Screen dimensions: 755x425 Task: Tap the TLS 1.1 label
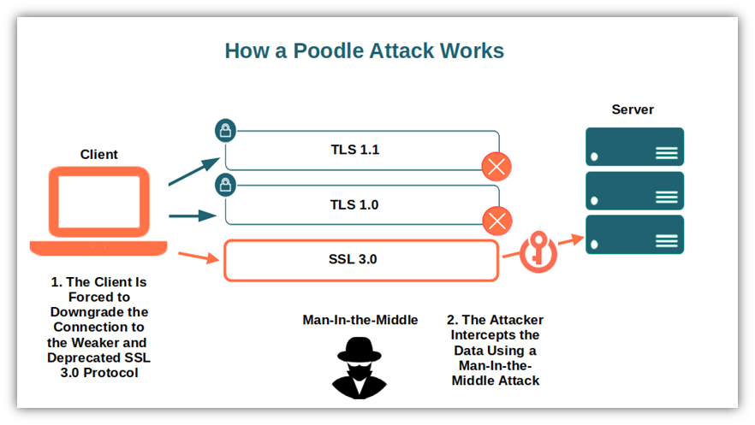click(355, 150)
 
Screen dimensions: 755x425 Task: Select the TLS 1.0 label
click(354, 205)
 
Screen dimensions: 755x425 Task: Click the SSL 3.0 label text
click(353, 259)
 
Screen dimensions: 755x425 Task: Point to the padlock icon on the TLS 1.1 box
click(225, 130)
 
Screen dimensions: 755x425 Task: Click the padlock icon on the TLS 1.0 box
click(225, 185)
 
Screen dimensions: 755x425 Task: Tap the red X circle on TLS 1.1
click(496, 167)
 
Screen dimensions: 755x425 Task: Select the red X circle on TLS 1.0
click(496, 221)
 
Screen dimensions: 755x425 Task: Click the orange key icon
click(538, 252)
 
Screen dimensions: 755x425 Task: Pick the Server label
click(633, 109)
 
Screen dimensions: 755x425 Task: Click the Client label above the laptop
click(98, 154)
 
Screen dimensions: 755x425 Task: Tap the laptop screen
click(99, 202)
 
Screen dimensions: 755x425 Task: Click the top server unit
click(634, 146)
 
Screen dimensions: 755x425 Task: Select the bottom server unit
click(634, 234)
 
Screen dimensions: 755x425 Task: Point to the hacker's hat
click(360, 350)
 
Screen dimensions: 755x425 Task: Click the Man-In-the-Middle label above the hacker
click(360, 320)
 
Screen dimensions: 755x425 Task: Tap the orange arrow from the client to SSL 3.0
click(199, 257)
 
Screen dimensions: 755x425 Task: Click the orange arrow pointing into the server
click(571, 239)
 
